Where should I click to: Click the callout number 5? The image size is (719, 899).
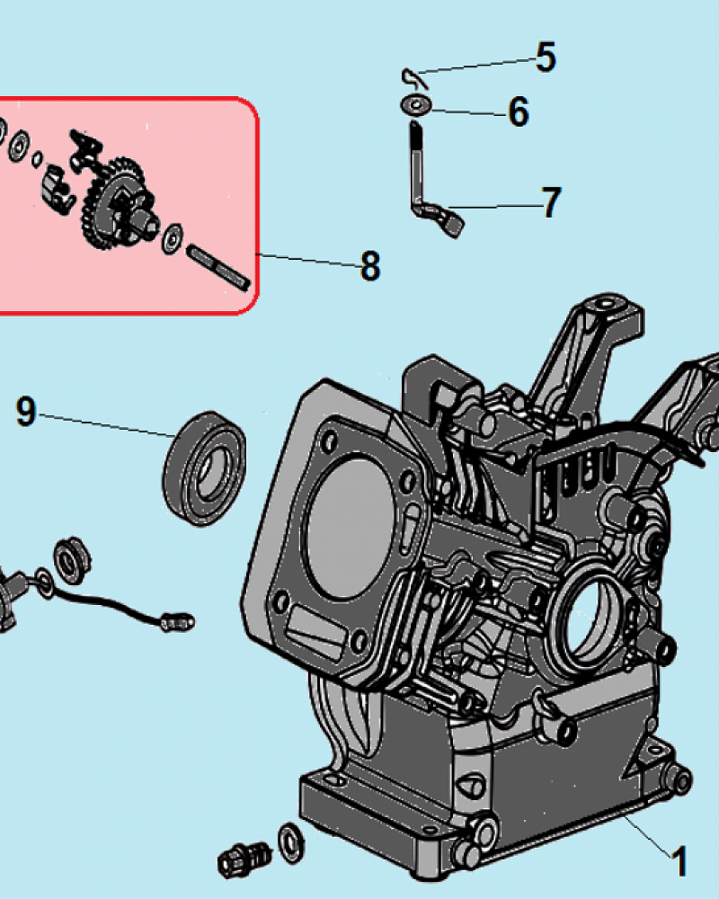click(x=546, y=57)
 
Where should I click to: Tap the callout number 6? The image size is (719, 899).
click(x=519, y=111)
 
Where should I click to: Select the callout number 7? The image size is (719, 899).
click(x=551, y=202)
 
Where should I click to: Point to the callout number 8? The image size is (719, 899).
click(x=370, y=265)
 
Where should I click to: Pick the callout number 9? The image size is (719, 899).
click(x=26, y=411)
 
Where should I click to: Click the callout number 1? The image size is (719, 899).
click(x=679, y=861)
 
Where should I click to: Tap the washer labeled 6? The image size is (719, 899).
click(x=416, y=105)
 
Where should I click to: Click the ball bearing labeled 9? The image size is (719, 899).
click(x=205, y=468)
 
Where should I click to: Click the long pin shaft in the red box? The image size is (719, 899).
click(x=218, y=267)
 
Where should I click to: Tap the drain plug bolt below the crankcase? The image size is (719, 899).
click(x=244, y=860)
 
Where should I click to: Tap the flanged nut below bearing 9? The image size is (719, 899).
click(x=72, y=560)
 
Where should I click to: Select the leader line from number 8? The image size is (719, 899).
click(x=309, y=260)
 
